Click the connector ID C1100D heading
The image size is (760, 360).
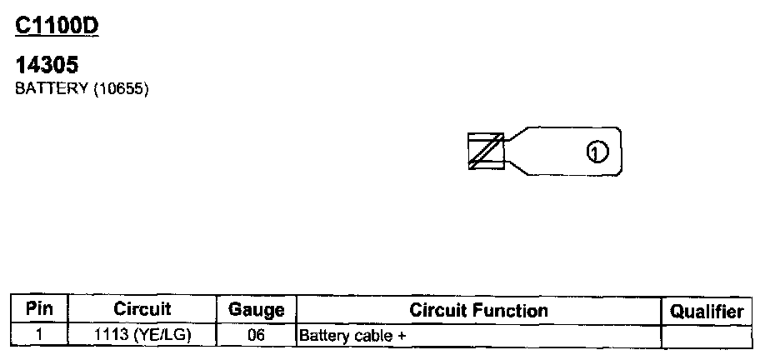57,26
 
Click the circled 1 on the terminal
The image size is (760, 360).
597,152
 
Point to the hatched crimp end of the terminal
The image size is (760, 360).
486,152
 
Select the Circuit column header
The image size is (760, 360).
142,309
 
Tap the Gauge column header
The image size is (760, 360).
256,311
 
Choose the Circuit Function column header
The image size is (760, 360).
478,311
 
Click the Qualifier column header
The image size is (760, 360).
707,312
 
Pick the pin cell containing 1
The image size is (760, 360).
39,335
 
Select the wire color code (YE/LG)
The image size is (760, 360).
159,335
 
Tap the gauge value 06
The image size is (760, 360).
256,335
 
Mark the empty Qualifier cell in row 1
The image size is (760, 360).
706,336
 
